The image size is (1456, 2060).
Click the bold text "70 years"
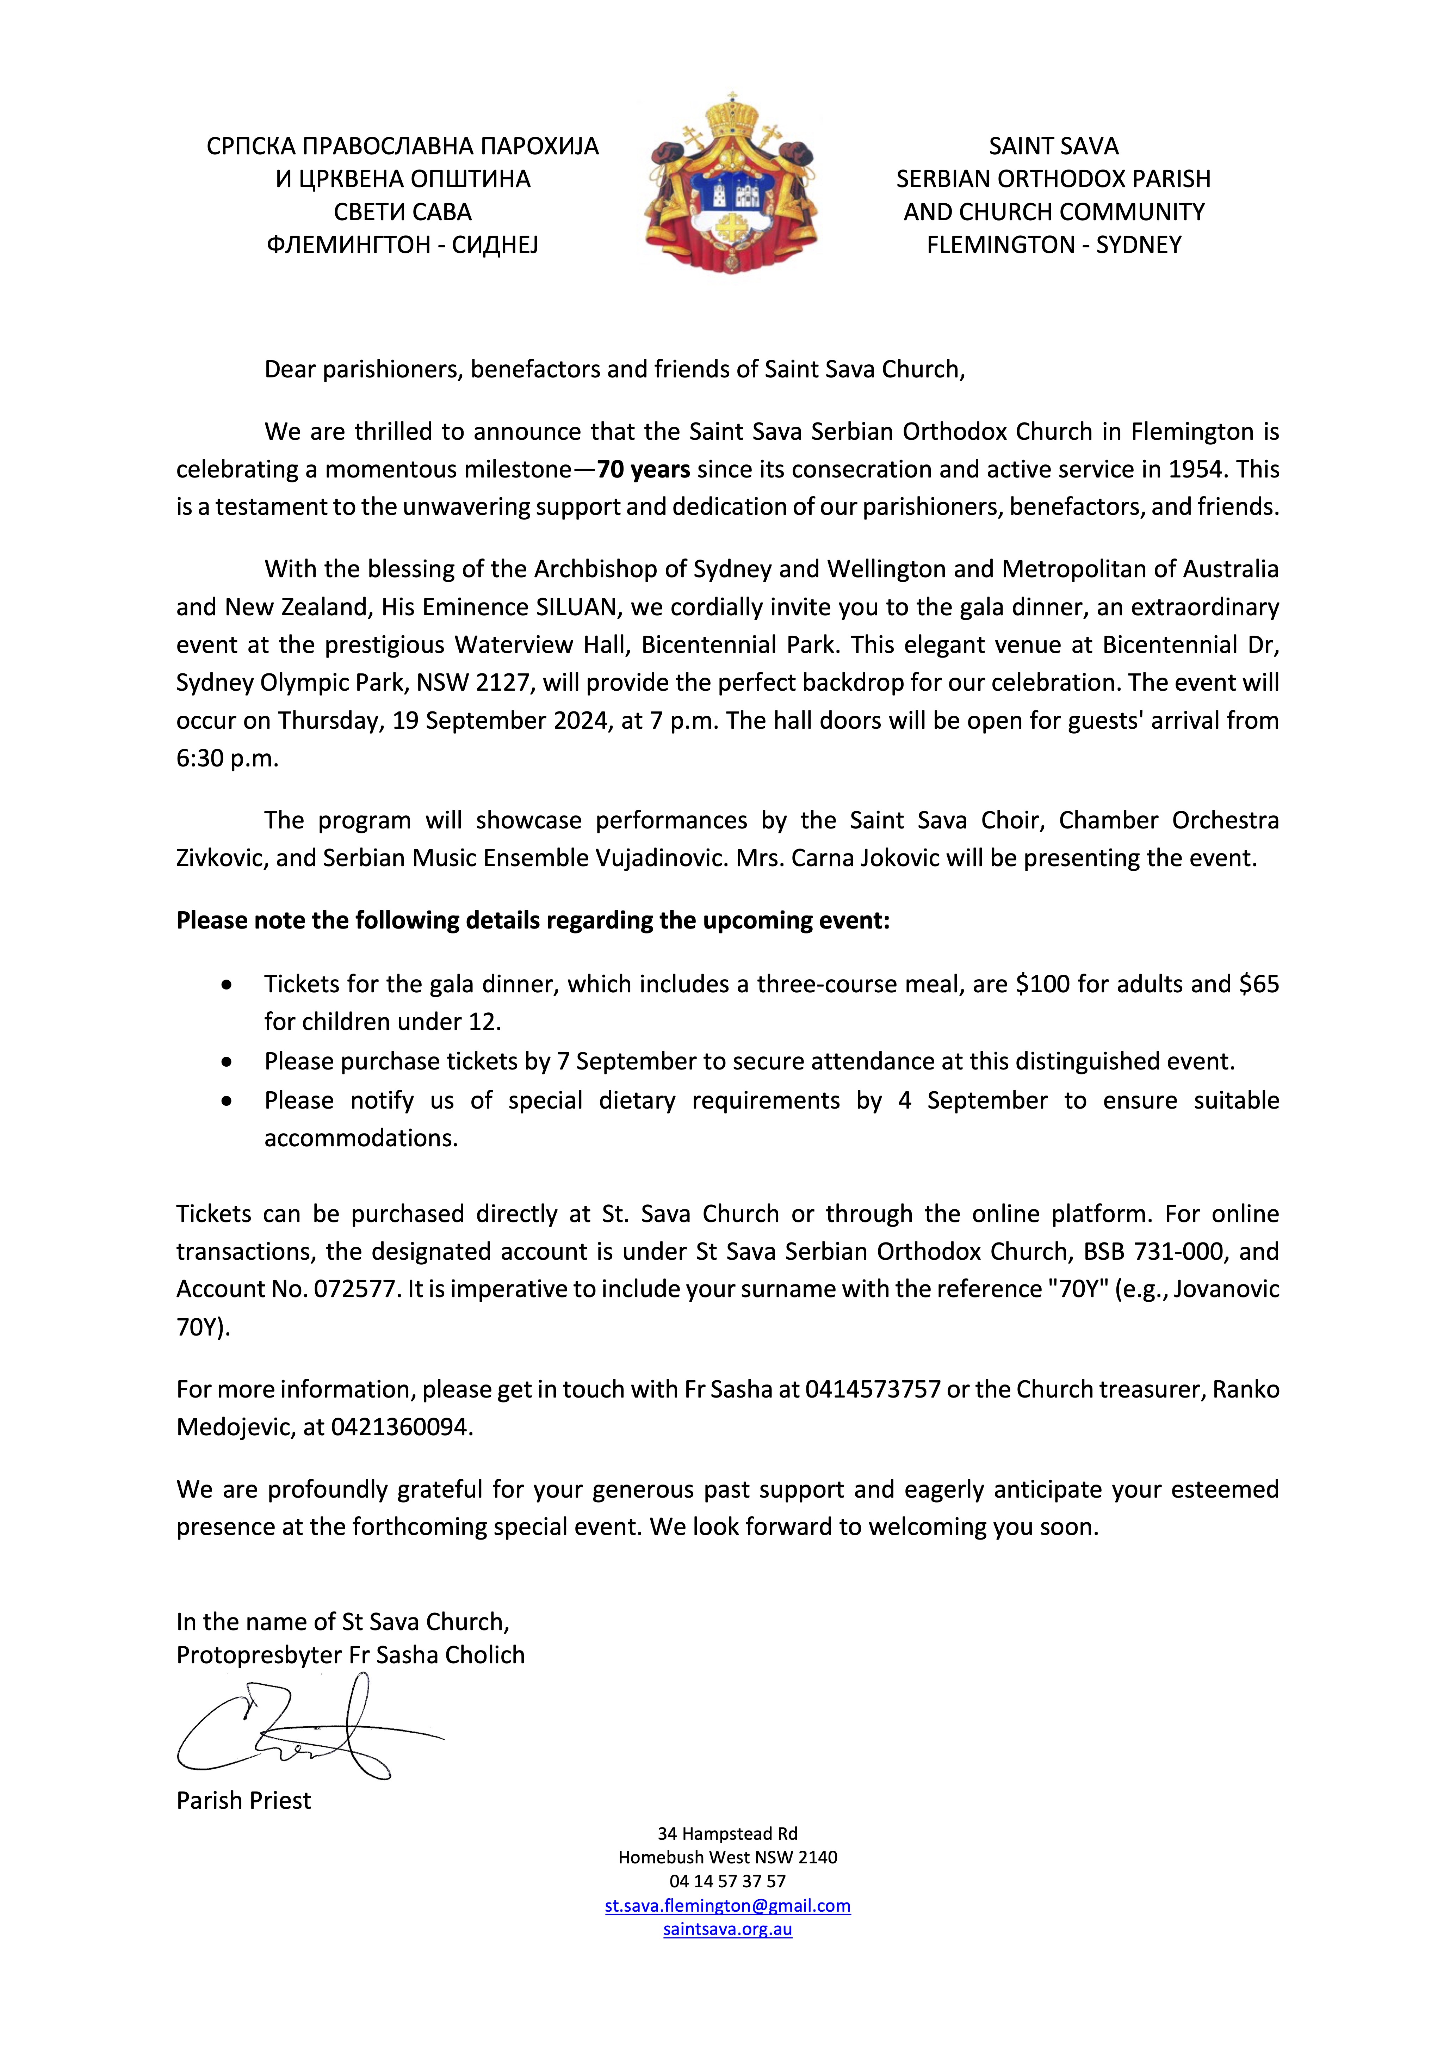tap(643, 469)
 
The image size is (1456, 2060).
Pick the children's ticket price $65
tap(1259, 984)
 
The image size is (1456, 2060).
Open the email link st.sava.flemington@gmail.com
tap(727, 1906)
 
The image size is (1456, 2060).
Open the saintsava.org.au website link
tap(727, 1929)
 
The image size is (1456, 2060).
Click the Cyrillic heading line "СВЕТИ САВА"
tap(403, 212)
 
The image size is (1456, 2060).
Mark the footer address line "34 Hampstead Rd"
tap(727, 1834)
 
